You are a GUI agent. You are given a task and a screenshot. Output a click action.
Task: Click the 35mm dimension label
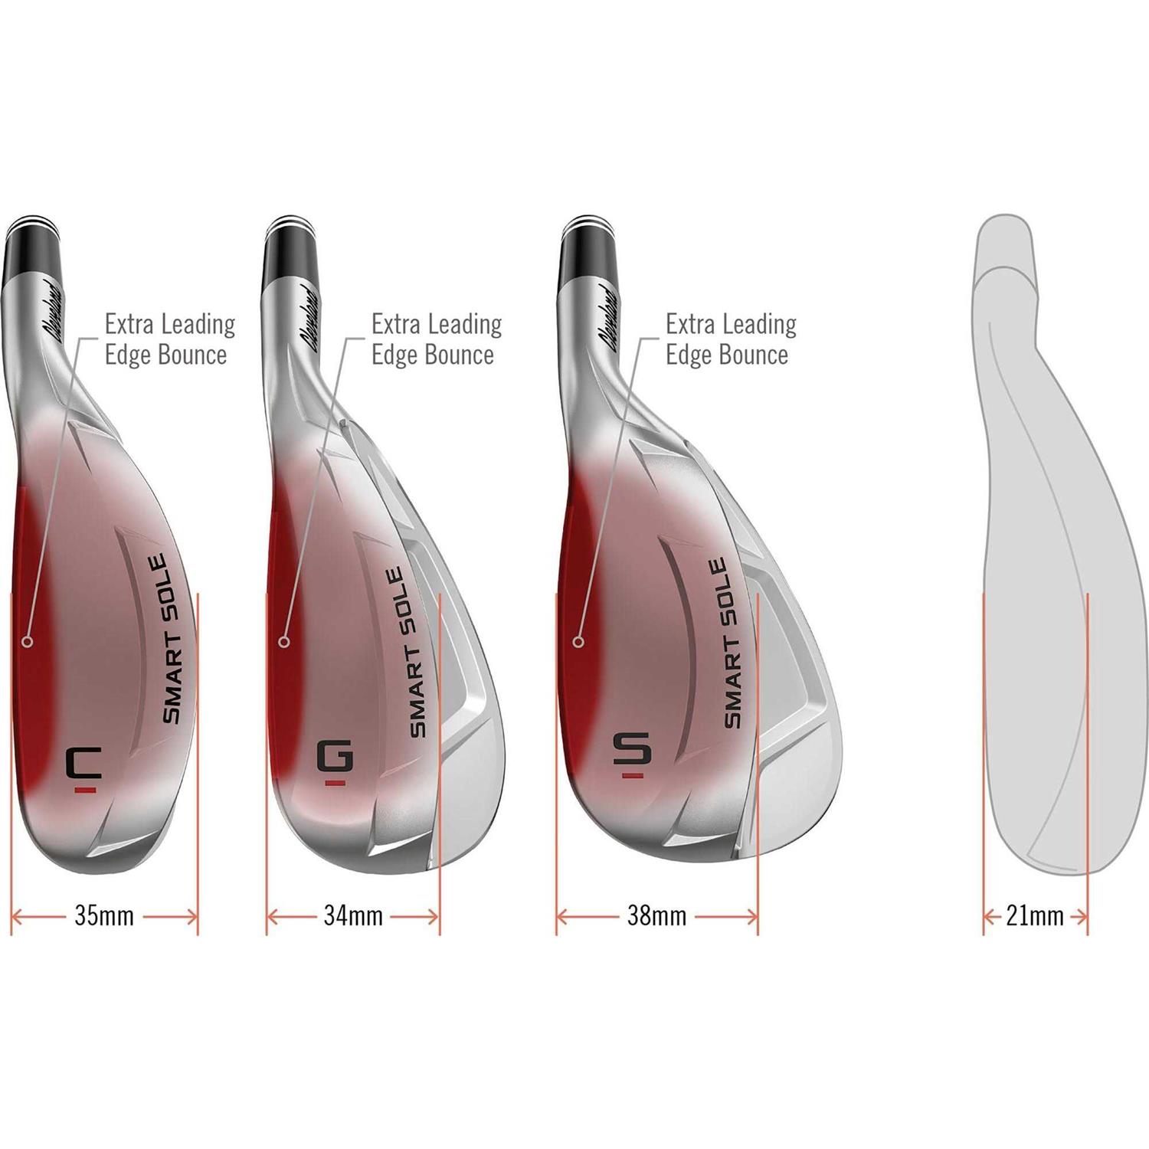click(x=104, y=915)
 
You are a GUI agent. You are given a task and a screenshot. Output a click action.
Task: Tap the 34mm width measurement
click(x=353, y=915)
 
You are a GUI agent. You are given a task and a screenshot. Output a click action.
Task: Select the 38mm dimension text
click(x=656, y=915)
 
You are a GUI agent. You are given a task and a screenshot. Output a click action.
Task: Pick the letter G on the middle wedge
click(x=335, y=758)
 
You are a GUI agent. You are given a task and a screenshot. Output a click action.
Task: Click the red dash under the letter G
click(x=334, y=784)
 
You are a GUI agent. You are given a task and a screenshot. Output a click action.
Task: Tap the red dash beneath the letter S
click(x=633, y=776)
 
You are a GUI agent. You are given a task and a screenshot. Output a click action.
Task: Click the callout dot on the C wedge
click(x=28, y=641)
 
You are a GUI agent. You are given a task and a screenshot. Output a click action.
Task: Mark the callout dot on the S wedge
click(x=579, y=641)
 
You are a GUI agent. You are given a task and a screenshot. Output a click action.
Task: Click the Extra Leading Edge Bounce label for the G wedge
click(x=436, y=339)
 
